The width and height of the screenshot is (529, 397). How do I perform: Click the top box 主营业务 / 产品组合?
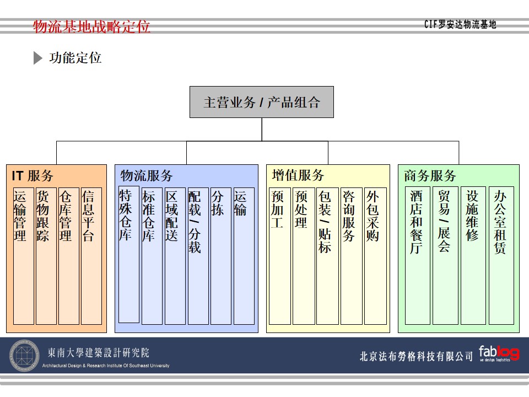click(x=262, y=102)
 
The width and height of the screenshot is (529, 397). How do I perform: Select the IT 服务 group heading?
click(x=33, y=176)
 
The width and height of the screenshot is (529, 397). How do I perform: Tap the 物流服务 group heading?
click(x=147, y=176)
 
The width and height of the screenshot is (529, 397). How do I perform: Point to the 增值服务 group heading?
click(x=298, y=176)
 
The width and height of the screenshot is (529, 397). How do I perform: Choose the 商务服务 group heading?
click(x=430, y=176)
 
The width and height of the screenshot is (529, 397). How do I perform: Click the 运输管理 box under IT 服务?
click(x=23, y=256)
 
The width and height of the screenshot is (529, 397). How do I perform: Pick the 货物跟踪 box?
click(x=46, y=256)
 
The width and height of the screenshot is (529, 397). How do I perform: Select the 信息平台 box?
click(x=91, y=256)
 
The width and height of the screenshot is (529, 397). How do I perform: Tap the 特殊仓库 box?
click(x=128, y=254)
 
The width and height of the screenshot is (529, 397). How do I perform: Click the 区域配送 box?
click(x=175, y=256)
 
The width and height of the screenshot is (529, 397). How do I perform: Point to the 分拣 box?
click(x=220, y=256)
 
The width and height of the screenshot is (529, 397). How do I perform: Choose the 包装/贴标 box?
click(x=327, y=256)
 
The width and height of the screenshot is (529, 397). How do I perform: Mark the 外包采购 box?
click(x=375, y=256)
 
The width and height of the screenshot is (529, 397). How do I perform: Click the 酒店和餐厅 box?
click(x=417, y=256)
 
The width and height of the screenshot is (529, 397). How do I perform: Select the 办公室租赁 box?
click(x=501, y=256)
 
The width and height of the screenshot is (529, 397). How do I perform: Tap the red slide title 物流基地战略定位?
click(x=91, y=26)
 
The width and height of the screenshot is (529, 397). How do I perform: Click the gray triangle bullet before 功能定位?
click(x=37, y=58)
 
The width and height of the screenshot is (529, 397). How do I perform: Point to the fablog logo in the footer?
click(x=499, y=353)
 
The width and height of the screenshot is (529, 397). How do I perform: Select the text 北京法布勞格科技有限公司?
click(x=416, y=356)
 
